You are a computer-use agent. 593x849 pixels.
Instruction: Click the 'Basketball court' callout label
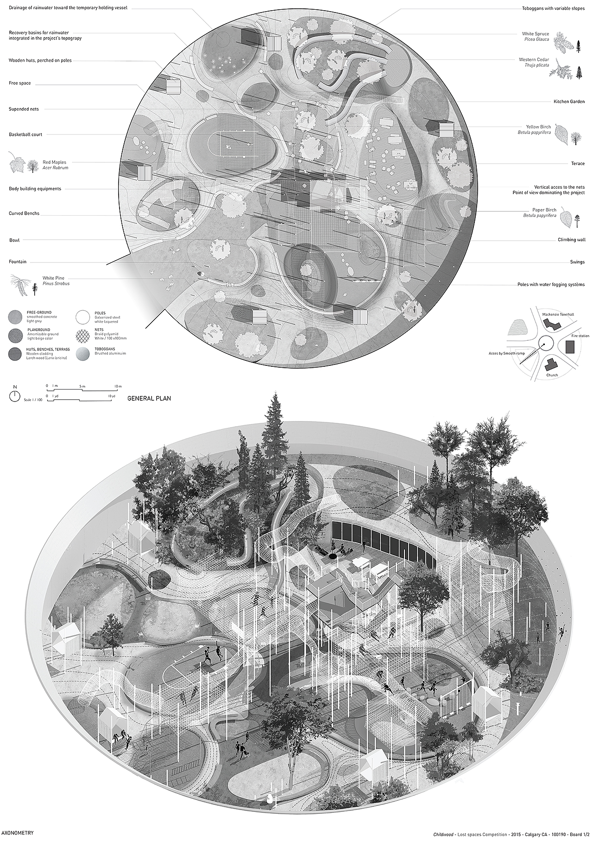[x=25, y=134]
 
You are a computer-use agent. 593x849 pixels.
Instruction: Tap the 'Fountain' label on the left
[x=18, y=262]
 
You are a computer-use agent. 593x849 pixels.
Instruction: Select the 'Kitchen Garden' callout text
[x=569, y=102]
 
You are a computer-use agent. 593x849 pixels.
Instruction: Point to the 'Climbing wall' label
[x=572, y=240]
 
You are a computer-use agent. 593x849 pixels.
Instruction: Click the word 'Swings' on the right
[x=577, y=262]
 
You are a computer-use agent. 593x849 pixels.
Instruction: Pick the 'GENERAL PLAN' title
[x=149, y=398]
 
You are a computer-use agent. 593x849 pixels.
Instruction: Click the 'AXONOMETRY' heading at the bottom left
[x=18, y=832]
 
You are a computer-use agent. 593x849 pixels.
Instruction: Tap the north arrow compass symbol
[x=15, y=396]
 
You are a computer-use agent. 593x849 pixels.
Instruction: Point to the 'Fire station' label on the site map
[x=580, y=335]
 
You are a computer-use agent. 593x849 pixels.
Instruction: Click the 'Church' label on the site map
[x=552, y=375]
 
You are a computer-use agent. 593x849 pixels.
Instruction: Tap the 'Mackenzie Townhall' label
[x=558, y=314]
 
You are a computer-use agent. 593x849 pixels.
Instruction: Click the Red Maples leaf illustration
[x=17, y=165]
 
